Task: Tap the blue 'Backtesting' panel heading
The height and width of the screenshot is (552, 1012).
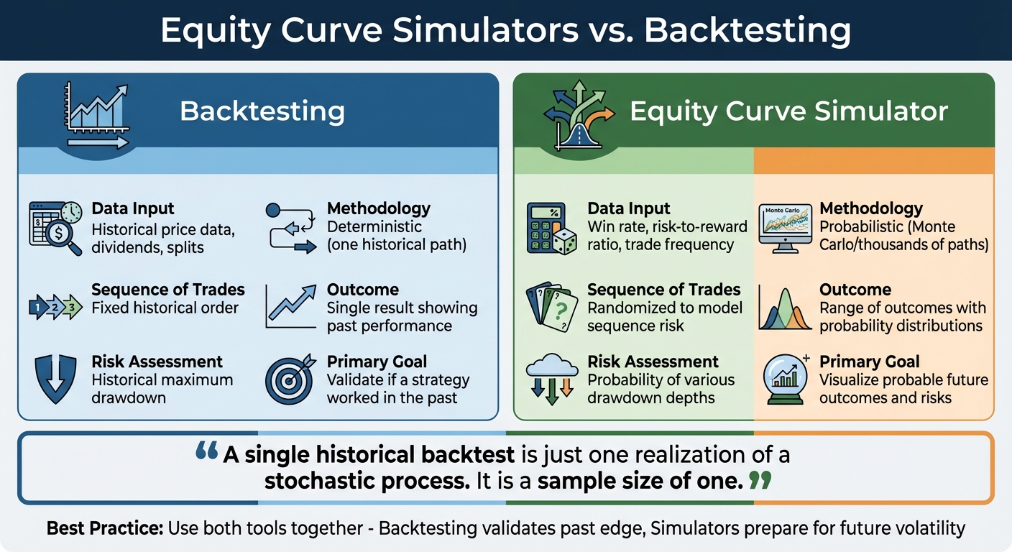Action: pos(262,111)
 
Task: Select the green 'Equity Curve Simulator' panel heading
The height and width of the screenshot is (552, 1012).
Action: pos(788,111)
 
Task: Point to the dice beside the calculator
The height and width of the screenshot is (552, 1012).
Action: pos(565,241)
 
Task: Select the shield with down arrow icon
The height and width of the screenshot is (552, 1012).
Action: pos(55,378)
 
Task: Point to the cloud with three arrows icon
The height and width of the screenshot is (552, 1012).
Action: pos(551,377)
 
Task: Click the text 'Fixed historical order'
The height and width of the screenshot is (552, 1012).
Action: pos(165,308)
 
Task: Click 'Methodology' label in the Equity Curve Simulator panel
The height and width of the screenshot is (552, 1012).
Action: pos(870,208)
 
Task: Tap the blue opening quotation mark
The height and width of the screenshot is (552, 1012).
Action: pos(206,453)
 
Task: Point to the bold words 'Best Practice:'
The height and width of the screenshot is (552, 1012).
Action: pos(104,529)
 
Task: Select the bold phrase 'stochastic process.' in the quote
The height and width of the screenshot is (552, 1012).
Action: pos(367,481)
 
